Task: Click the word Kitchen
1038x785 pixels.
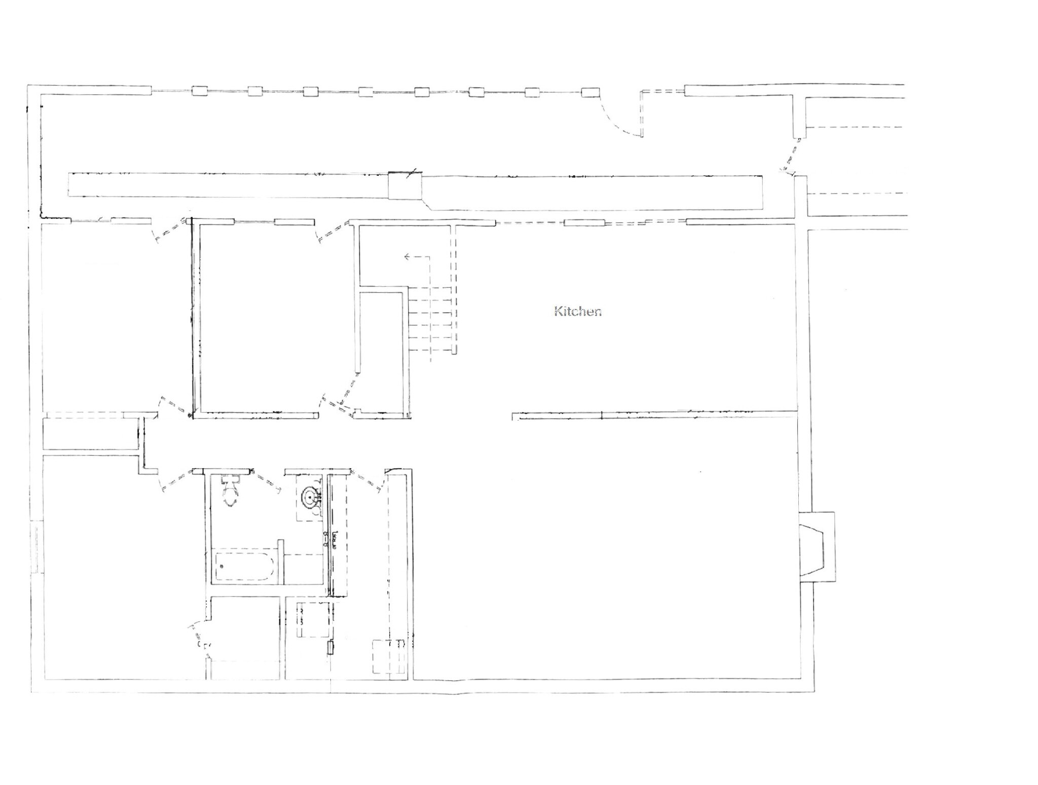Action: (x=578, y=311)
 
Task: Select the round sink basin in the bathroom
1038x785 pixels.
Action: (x=310, y=498)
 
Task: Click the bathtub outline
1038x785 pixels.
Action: (x=245, y=566)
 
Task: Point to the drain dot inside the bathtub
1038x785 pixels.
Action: (x=221, y=566)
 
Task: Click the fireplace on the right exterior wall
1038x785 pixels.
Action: (x=817, y=547)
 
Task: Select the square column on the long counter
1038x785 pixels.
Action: (x=405, y=185)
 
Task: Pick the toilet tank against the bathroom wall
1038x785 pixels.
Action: (x=231, y=479)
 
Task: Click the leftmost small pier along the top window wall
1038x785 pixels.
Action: (x=200, y=91)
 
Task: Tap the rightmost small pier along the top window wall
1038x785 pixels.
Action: (x=590, y=92)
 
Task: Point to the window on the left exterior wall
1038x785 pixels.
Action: (x=36, y=547)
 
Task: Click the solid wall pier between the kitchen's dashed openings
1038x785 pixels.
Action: (x=584, y=222)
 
